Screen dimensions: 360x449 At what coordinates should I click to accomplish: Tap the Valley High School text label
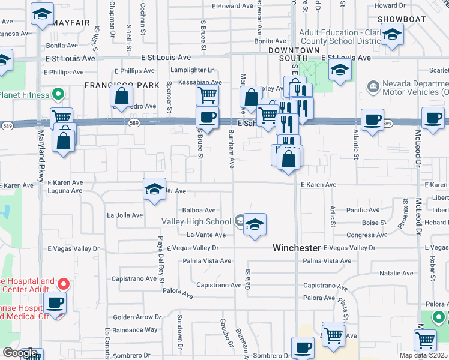[196, 222]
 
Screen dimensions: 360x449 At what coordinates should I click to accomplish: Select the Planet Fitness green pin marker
[59, 94]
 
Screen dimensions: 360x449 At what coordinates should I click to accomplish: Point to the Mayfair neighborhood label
[71, 23]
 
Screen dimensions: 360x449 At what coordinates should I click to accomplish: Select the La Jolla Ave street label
[125, 215]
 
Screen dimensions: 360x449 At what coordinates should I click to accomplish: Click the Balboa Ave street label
[199, 211]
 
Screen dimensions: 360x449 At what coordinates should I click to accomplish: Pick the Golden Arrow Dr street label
[137, 317]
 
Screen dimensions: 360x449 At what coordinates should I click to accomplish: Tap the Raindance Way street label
[134, 330]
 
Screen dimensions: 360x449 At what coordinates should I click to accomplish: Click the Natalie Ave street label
[396, 274]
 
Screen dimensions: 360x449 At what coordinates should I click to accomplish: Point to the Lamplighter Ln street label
[193, 70]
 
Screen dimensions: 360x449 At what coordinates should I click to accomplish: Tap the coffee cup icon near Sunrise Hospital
[56, 303]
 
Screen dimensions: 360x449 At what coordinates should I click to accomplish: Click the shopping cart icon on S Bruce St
[207, 94]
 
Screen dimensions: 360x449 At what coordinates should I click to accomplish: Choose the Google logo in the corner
[20, 353]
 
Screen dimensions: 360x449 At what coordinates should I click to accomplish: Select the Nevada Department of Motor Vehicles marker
[373, 88]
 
